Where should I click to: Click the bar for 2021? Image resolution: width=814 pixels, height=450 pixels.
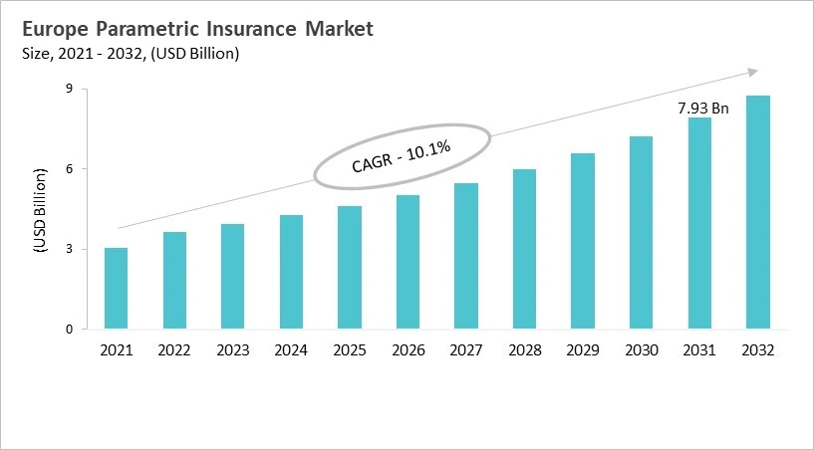coord(116,289)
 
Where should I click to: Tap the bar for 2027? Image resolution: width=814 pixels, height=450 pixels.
coord(466,256)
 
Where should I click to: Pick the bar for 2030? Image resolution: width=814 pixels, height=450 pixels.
coord(641,232)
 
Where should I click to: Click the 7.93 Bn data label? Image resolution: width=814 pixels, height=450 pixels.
coord(703,108)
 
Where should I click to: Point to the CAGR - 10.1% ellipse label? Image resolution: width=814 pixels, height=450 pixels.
coord(402,158)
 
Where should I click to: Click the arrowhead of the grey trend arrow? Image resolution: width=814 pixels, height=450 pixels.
coord(753,72)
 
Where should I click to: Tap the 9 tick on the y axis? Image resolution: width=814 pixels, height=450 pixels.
coord(71,89)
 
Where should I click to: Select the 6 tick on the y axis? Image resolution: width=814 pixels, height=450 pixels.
coord(71,169)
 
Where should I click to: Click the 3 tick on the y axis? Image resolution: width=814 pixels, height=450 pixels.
coord(71,249)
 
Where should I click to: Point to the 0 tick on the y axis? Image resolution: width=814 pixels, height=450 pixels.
coord(71,330)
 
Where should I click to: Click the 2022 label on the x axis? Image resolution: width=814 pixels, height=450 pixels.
coord(174,350)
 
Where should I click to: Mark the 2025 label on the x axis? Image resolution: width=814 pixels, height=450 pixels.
coord(350,350)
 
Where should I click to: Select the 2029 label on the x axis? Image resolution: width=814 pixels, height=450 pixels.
coord(583,350)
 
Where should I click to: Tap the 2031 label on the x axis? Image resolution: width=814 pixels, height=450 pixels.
coord(699,350)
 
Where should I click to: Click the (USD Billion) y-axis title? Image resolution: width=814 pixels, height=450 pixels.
coord(41,209)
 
